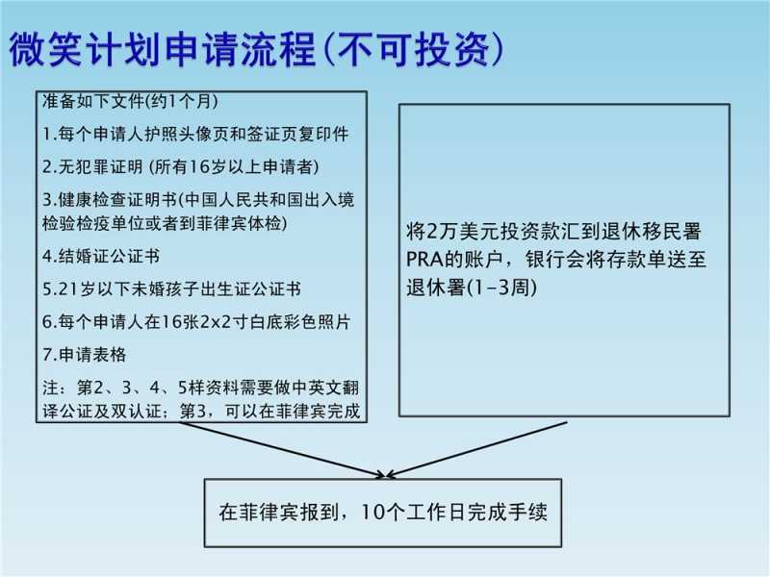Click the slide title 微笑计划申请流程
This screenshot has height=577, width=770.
click(x=163, y=49)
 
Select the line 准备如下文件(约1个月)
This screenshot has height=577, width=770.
click(x=130, y=101)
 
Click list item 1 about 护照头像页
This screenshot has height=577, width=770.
click(x=195, y=134)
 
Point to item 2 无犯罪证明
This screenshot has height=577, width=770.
click(x=181, y=166)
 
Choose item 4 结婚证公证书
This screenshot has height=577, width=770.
click(x=101, y=256)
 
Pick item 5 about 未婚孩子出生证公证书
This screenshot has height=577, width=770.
click(x=172, y=289)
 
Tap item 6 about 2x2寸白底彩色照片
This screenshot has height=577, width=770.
click(x=196, y=322)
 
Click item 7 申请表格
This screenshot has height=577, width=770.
click(x=85, y=355)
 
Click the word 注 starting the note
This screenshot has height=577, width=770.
click(x=52, y=388)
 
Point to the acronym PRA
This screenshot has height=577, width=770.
click(x=424, y=260)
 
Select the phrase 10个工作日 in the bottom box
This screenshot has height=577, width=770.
click(x=413, y=513)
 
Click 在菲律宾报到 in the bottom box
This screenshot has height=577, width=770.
click(x=279, y=513)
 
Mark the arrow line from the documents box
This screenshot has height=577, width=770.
click(x=282, y=449)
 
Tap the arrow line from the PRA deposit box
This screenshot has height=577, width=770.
click(x=476, y=449)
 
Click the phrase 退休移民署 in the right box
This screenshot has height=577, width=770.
click(x=652, y=232)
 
